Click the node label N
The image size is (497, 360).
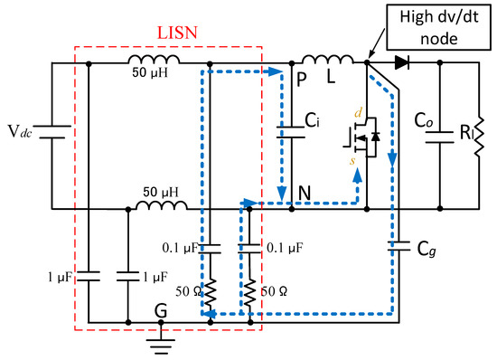(x=305, y=193)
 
